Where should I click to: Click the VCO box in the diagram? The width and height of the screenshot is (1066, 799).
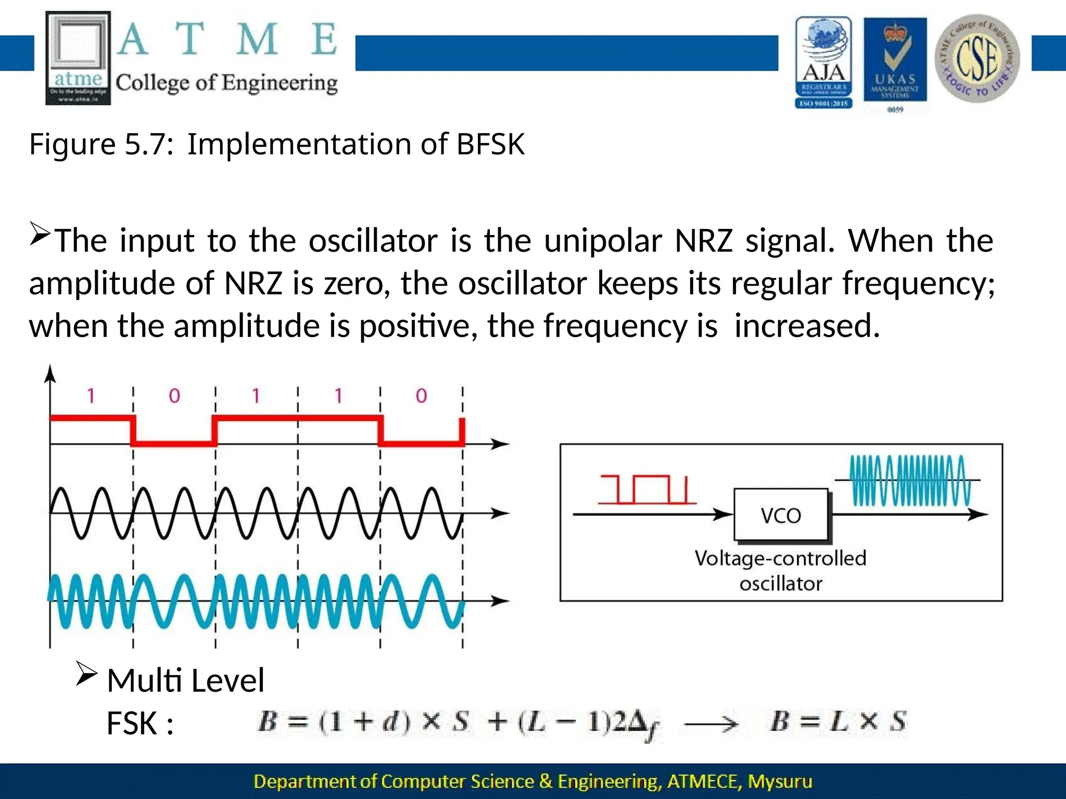tap(780, 515)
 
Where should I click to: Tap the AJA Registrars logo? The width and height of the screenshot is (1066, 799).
tap(823, 62)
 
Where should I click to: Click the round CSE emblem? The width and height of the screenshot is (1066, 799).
tap(977, 58)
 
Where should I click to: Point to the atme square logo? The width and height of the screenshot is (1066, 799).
tap(78, 58)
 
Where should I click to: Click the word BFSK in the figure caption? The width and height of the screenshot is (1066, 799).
tap(490, 144)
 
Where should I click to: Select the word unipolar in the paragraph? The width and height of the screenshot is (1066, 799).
tap(603, 241)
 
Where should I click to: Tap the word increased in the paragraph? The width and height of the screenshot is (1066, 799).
tap(807, 326)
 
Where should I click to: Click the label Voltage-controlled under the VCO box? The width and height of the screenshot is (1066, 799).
tap(780, 558)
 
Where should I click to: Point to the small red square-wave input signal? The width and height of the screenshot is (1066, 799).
tap(646, 489)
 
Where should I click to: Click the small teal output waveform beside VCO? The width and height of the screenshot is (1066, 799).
tap(909, 481)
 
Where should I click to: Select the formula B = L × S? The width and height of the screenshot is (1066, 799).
tap(838, 722)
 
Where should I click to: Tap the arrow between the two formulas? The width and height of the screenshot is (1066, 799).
tap(710, 724)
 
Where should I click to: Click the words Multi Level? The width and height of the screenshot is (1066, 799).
tap(185, 680)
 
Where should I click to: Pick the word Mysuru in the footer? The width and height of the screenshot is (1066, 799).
tap(780, 781)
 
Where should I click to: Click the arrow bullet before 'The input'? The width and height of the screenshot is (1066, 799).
tap(40, 234)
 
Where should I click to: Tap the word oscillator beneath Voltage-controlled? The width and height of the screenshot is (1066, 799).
tap(780, 584)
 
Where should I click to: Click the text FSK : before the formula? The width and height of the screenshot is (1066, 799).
tap(139, 723)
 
